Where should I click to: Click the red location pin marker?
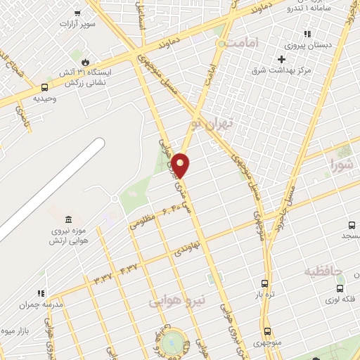[181, 165]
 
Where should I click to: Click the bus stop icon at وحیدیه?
[45, 88]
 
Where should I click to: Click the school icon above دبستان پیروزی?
[307, 34]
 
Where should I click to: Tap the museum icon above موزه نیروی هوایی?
[67, 220]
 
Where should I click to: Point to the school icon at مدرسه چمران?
[41, 293]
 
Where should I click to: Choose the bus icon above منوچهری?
[267, 331]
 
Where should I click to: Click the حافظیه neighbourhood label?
[323, 271]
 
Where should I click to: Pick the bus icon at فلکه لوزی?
[340, 288]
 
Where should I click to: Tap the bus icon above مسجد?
[351, 225]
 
